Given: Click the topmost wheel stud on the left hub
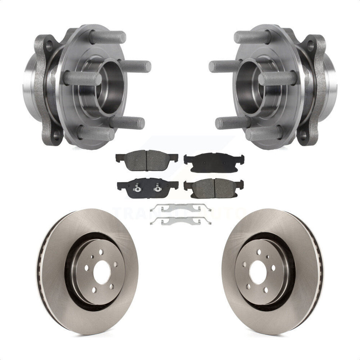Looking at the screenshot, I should (108, 38).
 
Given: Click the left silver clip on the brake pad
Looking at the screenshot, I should (136, 187).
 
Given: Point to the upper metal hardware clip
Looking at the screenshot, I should (180, 207).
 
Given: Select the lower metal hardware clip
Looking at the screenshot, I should (180, 220).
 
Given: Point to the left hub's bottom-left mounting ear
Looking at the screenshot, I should (54, 135).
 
